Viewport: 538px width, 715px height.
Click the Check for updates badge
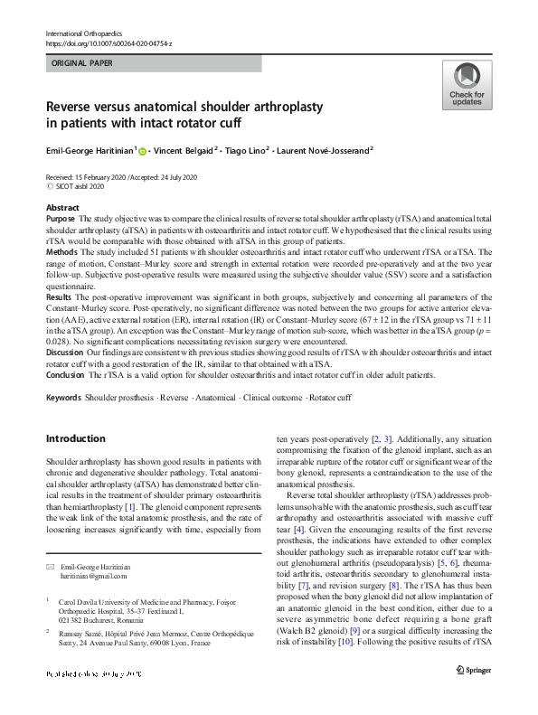[x=466, y=86]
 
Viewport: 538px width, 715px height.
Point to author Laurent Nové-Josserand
[x=328, y=152]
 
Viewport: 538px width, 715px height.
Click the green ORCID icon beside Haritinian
[x=143, y=152]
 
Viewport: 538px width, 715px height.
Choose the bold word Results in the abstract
[x=59, y=322]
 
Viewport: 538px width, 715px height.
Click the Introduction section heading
[x=75, y=438]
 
